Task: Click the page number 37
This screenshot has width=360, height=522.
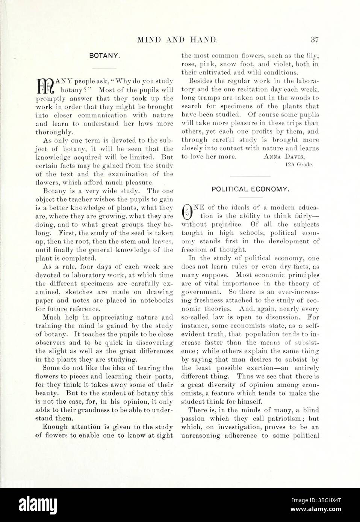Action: pyautogui.click(x=314, y=39)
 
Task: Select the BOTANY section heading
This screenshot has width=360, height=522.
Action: pyautogui.click(x=104, y=56)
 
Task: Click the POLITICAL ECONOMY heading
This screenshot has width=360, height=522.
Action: pyautogui.click(x=250, y=189)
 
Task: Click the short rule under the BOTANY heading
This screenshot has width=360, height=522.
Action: pyautogui.click(x=104, y=68)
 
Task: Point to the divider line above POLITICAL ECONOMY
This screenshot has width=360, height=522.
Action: pyautogui.click(x=250, y=176)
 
